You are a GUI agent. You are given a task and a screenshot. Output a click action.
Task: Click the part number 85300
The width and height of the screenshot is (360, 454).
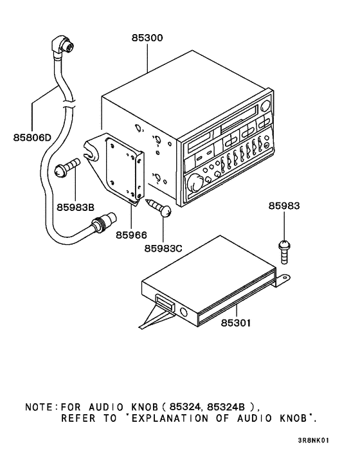click(x=148, y=39)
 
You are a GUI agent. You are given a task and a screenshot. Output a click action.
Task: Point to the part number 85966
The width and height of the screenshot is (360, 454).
click(x=132, y=235)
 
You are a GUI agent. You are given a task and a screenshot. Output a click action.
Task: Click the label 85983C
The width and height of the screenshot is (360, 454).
click(x=164, y=248)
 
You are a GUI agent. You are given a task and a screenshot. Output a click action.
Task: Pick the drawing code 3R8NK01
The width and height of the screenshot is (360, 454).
click(x=314, y=440)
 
